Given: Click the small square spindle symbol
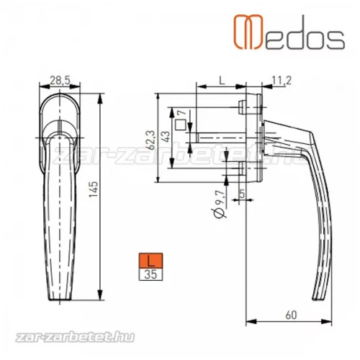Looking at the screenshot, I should coord(179,123).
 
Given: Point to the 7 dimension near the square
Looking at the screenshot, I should coord(184,113).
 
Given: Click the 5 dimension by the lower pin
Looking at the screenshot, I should coord(242,192).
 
